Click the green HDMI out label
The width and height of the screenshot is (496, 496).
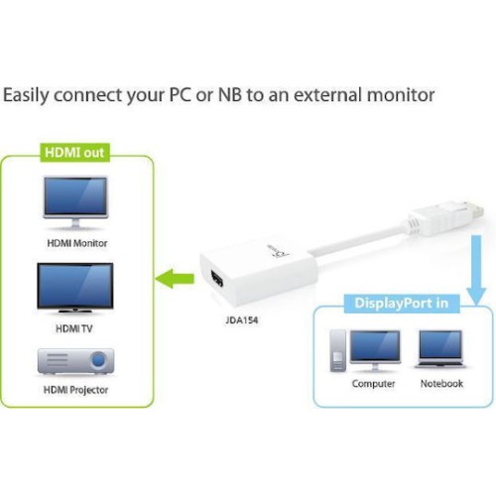point(74,153)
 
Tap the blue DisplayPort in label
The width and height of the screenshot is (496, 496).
point(402,304)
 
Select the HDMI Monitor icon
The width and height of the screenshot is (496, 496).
point(75,202)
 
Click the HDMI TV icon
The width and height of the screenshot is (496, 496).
point(75,288)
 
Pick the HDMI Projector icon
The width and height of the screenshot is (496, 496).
point(75,361)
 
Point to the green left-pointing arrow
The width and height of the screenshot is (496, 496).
point(175,279)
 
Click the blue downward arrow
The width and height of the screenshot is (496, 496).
point(476,270)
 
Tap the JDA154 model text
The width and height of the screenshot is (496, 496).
point(242,320)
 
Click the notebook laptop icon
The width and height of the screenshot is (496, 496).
point(440,349)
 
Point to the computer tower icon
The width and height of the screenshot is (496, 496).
point(338,351)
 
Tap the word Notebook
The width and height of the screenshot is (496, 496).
point(441,384)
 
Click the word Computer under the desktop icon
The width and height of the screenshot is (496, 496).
point(373,384)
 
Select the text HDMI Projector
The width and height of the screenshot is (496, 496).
point(75,390)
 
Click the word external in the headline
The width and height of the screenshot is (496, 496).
point(328,95)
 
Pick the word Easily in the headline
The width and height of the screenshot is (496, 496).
point(26,96)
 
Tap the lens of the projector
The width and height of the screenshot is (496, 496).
point(98,360)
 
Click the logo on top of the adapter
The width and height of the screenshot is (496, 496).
point(278,252)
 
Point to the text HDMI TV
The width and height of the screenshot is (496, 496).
point(73,328)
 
